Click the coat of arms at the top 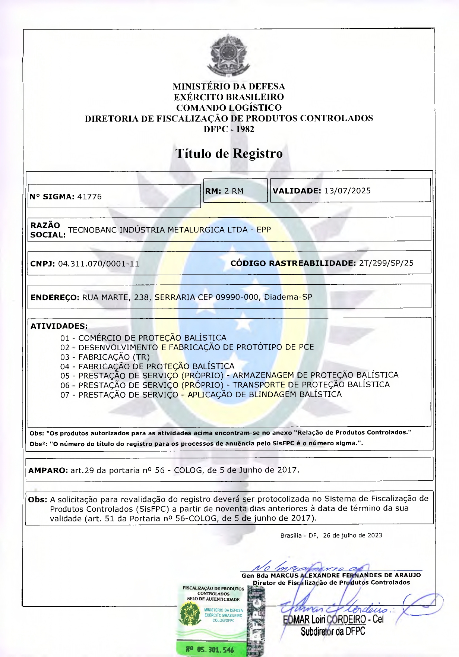coord(228,55)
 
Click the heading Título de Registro coord(229,153)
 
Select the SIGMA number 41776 coord(89,197)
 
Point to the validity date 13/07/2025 coord(347,191)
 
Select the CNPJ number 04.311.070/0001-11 coord(98,264)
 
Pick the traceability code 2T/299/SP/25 coord(386,263)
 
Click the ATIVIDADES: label coord(59,326)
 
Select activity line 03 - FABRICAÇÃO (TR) coord(105,357)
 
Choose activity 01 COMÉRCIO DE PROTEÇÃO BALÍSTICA coord(143,338)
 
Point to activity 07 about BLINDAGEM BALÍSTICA coord(201,395)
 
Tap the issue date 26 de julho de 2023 coord(352,536)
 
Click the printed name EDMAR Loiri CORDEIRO coord(325,620)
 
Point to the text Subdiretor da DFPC coord(333,631)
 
